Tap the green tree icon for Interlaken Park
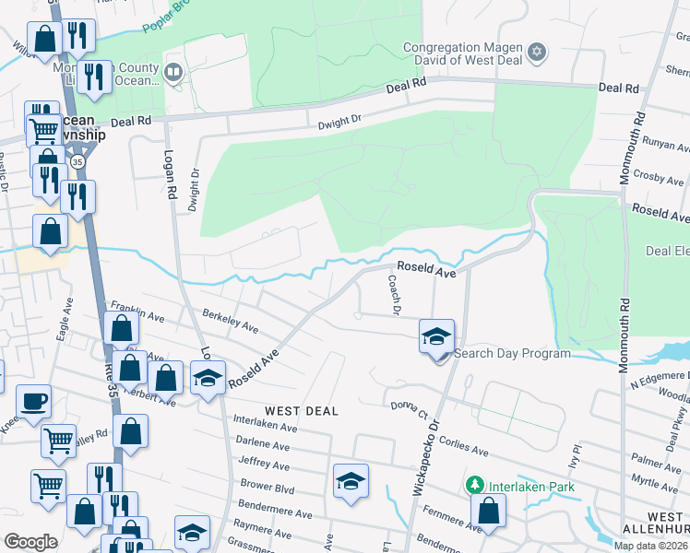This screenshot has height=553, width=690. pos(475,485)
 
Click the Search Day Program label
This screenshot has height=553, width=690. pos(513,353)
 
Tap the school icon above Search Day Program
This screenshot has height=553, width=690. pos(437,335)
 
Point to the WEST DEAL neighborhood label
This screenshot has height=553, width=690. pos(300,409)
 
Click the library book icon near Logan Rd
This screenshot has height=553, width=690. pos(173,71)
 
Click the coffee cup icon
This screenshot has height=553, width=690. pos(33,402)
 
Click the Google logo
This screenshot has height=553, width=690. pos(30,542)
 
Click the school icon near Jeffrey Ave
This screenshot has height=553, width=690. pos(351,481)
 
